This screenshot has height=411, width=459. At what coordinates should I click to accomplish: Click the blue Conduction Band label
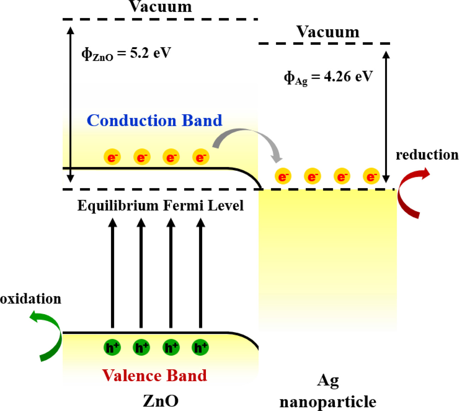pyautogui.click(x=154, y=121)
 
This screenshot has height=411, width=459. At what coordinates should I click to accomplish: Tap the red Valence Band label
pyautogui.click(x=154, y=375)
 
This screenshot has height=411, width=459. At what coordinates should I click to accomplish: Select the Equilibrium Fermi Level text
pyautogui.click(x=160, y=206)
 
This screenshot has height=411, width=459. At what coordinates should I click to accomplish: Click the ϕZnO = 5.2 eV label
pyautogui.click(x=126, y=54)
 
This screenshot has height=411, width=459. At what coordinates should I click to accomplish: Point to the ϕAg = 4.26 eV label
pyautogui.click(x=328, y=77)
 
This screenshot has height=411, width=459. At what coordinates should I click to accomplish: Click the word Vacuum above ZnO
pyautogui.click(x=160, y=7)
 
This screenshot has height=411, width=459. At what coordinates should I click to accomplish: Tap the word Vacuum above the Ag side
pyautogui.click(x=328, y=32)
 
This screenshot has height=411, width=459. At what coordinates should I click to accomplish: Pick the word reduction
pyautogui.click(x=427, y=155)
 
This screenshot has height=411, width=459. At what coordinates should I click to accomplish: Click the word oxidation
pyautogui.click(x=31, y=299)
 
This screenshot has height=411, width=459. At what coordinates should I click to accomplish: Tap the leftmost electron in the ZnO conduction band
pyautogui.click(x=112, y=157)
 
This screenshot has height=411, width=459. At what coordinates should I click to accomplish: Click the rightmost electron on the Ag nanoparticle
pyautogui.click(x=371, y=176)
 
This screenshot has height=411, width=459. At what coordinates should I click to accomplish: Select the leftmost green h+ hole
pyautogui.click(x=112, y=347)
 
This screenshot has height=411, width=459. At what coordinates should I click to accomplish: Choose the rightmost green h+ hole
pyautogui.click(x=200, y=347)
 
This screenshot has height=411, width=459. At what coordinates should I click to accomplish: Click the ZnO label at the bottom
pyautogui.click(x=160, y=401)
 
